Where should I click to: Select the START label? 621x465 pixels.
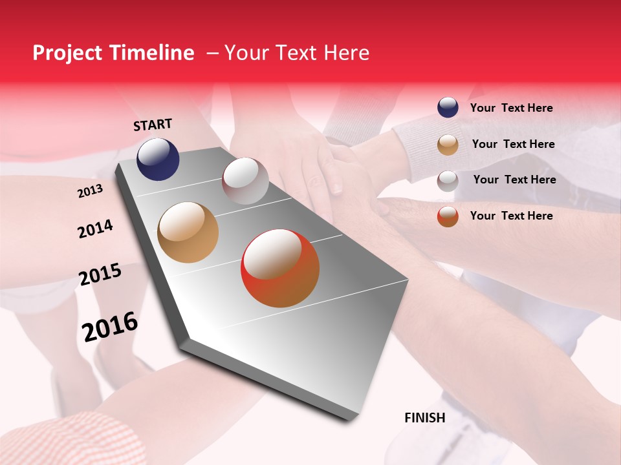coord(153,125)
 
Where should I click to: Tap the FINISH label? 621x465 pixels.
coord(424,418)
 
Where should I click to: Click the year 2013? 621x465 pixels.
coord(90,191)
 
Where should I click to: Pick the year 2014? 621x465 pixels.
coord(95,229)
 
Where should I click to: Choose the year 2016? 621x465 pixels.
coord(110,327)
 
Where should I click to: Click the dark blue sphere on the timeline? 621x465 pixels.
coord(158,159)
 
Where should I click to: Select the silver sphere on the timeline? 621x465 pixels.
coord(245,180)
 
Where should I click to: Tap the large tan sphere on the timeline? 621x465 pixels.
coord(188,232)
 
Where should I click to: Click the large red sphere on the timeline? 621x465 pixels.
coord(280,268)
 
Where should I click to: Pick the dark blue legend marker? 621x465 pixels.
coord(448,107)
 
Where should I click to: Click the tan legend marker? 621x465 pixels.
coord(448,145)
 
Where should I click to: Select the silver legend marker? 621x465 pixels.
coord(448,180)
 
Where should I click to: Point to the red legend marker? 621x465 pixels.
coord(448,216)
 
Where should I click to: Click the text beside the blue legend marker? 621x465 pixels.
coord(511,108)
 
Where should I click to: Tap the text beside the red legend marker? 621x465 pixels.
coord(511,216)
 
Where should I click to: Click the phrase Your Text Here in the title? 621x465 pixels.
coord(296,53)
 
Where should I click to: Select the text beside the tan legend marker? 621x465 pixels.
coord(513,144)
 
